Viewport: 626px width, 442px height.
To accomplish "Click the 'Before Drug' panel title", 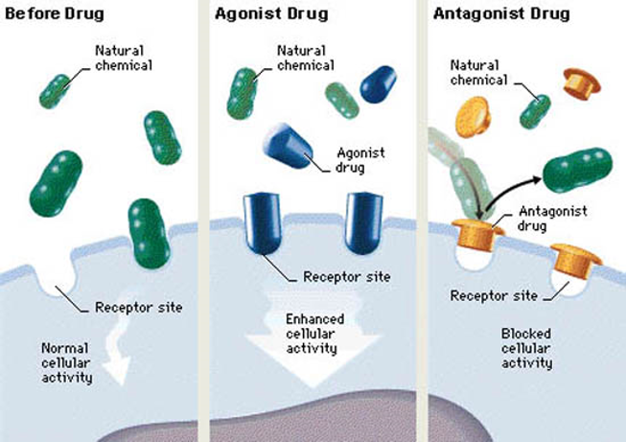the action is tap(55, 13).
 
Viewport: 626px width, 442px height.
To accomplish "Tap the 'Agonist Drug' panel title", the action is tap(271, 13).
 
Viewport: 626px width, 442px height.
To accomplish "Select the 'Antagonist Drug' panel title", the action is tap(501, 13).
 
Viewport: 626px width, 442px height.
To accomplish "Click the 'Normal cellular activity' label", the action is tap(67, 362).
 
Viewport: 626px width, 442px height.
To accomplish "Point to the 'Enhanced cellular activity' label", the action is tap(314, 334).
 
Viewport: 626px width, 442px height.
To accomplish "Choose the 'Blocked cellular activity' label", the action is tap(526, 348).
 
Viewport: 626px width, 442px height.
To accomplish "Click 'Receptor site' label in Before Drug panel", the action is tap(139, 308).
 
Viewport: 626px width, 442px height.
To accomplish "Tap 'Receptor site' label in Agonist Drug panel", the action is tap(346, 277).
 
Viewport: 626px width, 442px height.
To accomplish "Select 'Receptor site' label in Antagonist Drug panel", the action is tap(494, 296).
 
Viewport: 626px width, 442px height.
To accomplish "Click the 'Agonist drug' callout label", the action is tap(360, 160).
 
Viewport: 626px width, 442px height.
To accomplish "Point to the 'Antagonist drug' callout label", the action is tap(552, 218).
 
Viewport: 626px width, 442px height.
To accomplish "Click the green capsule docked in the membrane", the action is tap(149, 234).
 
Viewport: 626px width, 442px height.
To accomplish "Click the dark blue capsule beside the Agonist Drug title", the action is tap(378, 84).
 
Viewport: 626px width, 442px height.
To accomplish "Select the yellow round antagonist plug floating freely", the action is tap(473, 117).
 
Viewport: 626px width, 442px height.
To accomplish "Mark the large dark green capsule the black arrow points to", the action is tap(577, 170).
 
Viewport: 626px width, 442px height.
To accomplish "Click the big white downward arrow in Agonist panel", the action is tap(313, 339).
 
